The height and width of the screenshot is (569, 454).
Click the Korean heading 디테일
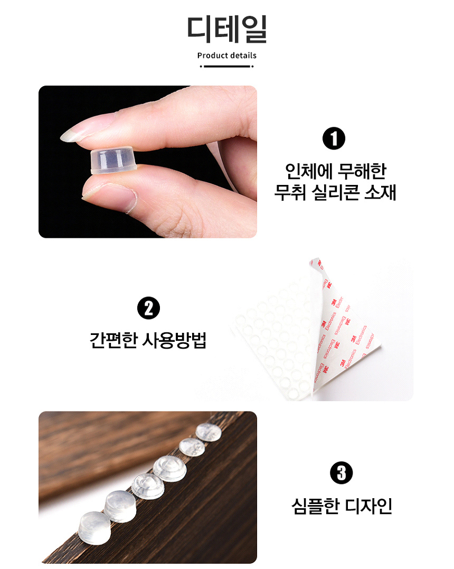[227, 30]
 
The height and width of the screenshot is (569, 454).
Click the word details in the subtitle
[242, 55]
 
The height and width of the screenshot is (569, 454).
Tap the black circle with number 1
[334, 138]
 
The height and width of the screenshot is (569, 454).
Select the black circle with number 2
[148, 308]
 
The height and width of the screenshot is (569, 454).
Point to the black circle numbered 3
[341, 472]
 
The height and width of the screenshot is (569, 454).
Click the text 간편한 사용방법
[148, 340]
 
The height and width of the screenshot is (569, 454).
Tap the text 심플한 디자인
[342, 506]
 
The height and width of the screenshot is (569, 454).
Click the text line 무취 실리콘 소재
[335, 192]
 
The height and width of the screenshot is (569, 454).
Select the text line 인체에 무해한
[335, 171]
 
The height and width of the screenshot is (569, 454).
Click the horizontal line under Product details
[227, 67]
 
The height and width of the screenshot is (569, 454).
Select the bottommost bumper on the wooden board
[94, 528]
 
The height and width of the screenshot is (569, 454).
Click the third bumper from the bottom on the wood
[148, 485]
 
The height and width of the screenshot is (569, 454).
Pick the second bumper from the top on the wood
[192, 447]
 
